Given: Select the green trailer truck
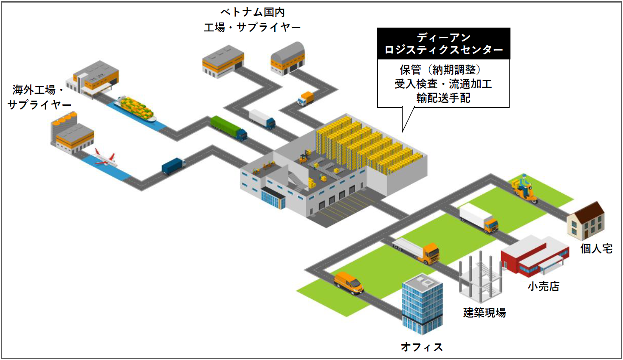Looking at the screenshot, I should point(228,127).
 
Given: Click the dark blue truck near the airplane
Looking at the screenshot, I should point(173,166).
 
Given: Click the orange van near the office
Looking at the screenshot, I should point(348,283).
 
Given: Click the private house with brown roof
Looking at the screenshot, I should point(586,220).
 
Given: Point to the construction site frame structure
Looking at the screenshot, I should point(480,276).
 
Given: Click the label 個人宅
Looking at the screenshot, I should point(596,249).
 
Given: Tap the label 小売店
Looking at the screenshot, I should point(543,287).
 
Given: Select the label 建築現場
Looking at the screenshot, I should point(484,313).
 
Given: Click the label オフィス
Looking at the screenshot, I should point(422,347).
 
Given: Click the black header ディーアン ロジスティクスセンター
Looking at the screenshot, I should point(443,44).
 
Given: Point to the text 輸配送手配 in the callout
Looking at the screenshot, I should point(443,98).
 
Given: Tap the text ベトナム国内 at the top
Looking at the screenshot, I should point(252,12).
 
